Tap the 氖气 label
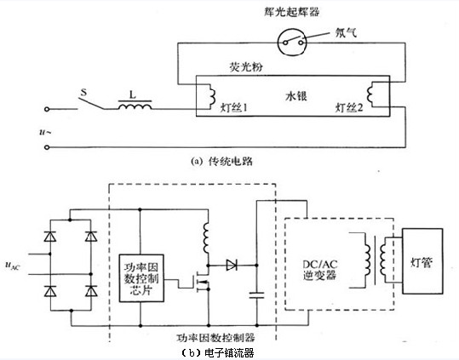pyautogui.click(x=346, y=32)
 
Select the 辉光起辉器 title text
pyautogui.click(x=291, y=12)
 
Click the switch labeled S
pyautogui.click(x=91, y=103)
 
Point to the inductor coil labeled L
pyautogui.click(x=135, y=106)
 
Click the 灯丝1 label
pyautogui.click(x=234, y=107)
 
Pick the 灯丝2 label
pyautogui.click(x=349, y=107)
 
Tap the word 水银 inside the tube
pyautogui.click(x=296, y=96)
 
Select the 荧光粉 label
pyautogui.click(x=246, y=67)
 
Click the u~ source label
pyautogui.click(x=45, y=132)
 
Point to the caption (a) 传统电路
pyautogui.click(x=221, y=161)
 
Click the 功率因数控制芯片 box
pyautogui.click(x=141, y=278)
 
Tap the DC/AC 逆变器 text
pyautogui.click(x=319, y=270)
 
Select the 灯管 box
pyautogui.click(x=422, y=261)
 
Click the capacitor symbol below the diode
pyautogui.click(x=256, y=295)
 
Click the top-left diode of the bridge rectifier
pyautogui.click(x=50, y=236)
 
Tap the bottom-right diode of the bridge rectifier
pyautogui.click(x=91, y=291)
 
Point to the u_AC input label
pyautogui.click(x=12, y=266)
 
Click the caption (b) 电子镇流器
pyautogui.click(x=217, y=353)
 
